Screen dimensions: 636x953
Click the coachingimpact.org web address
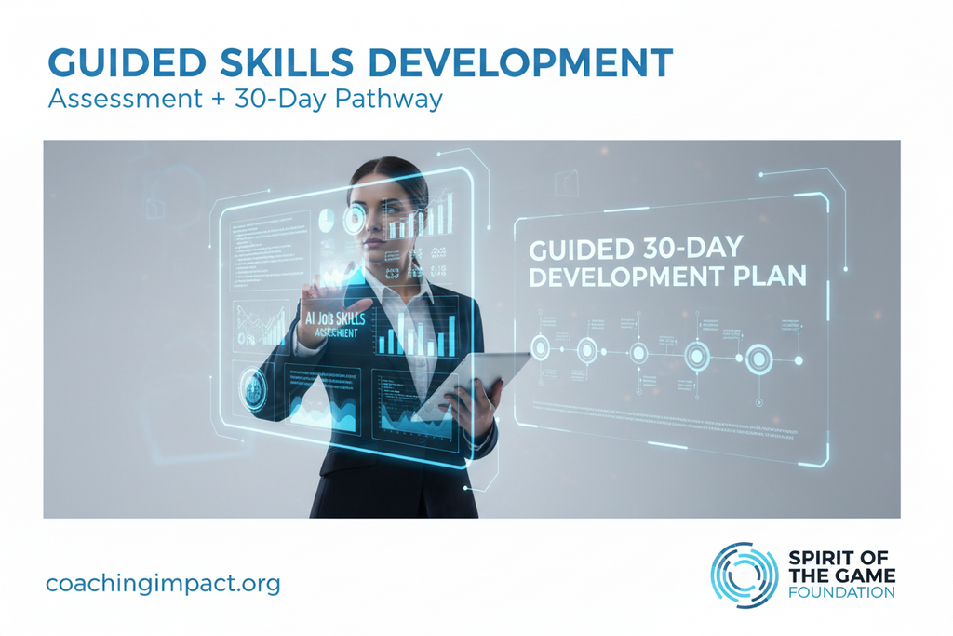pyautogui.click(x=163, y=584)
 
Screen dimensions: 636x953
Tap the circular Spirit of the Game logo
pyautogui.click(x=745, y=575)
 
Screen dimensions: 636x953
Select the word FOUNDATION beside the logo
pyautogui.click(x=841, y=592)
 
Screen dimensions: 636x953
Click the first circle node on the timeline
pyautogui.click(x=540, y=348)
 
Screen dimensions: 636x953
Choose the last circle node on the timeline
pyautogui.click(x=758, y=358)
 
